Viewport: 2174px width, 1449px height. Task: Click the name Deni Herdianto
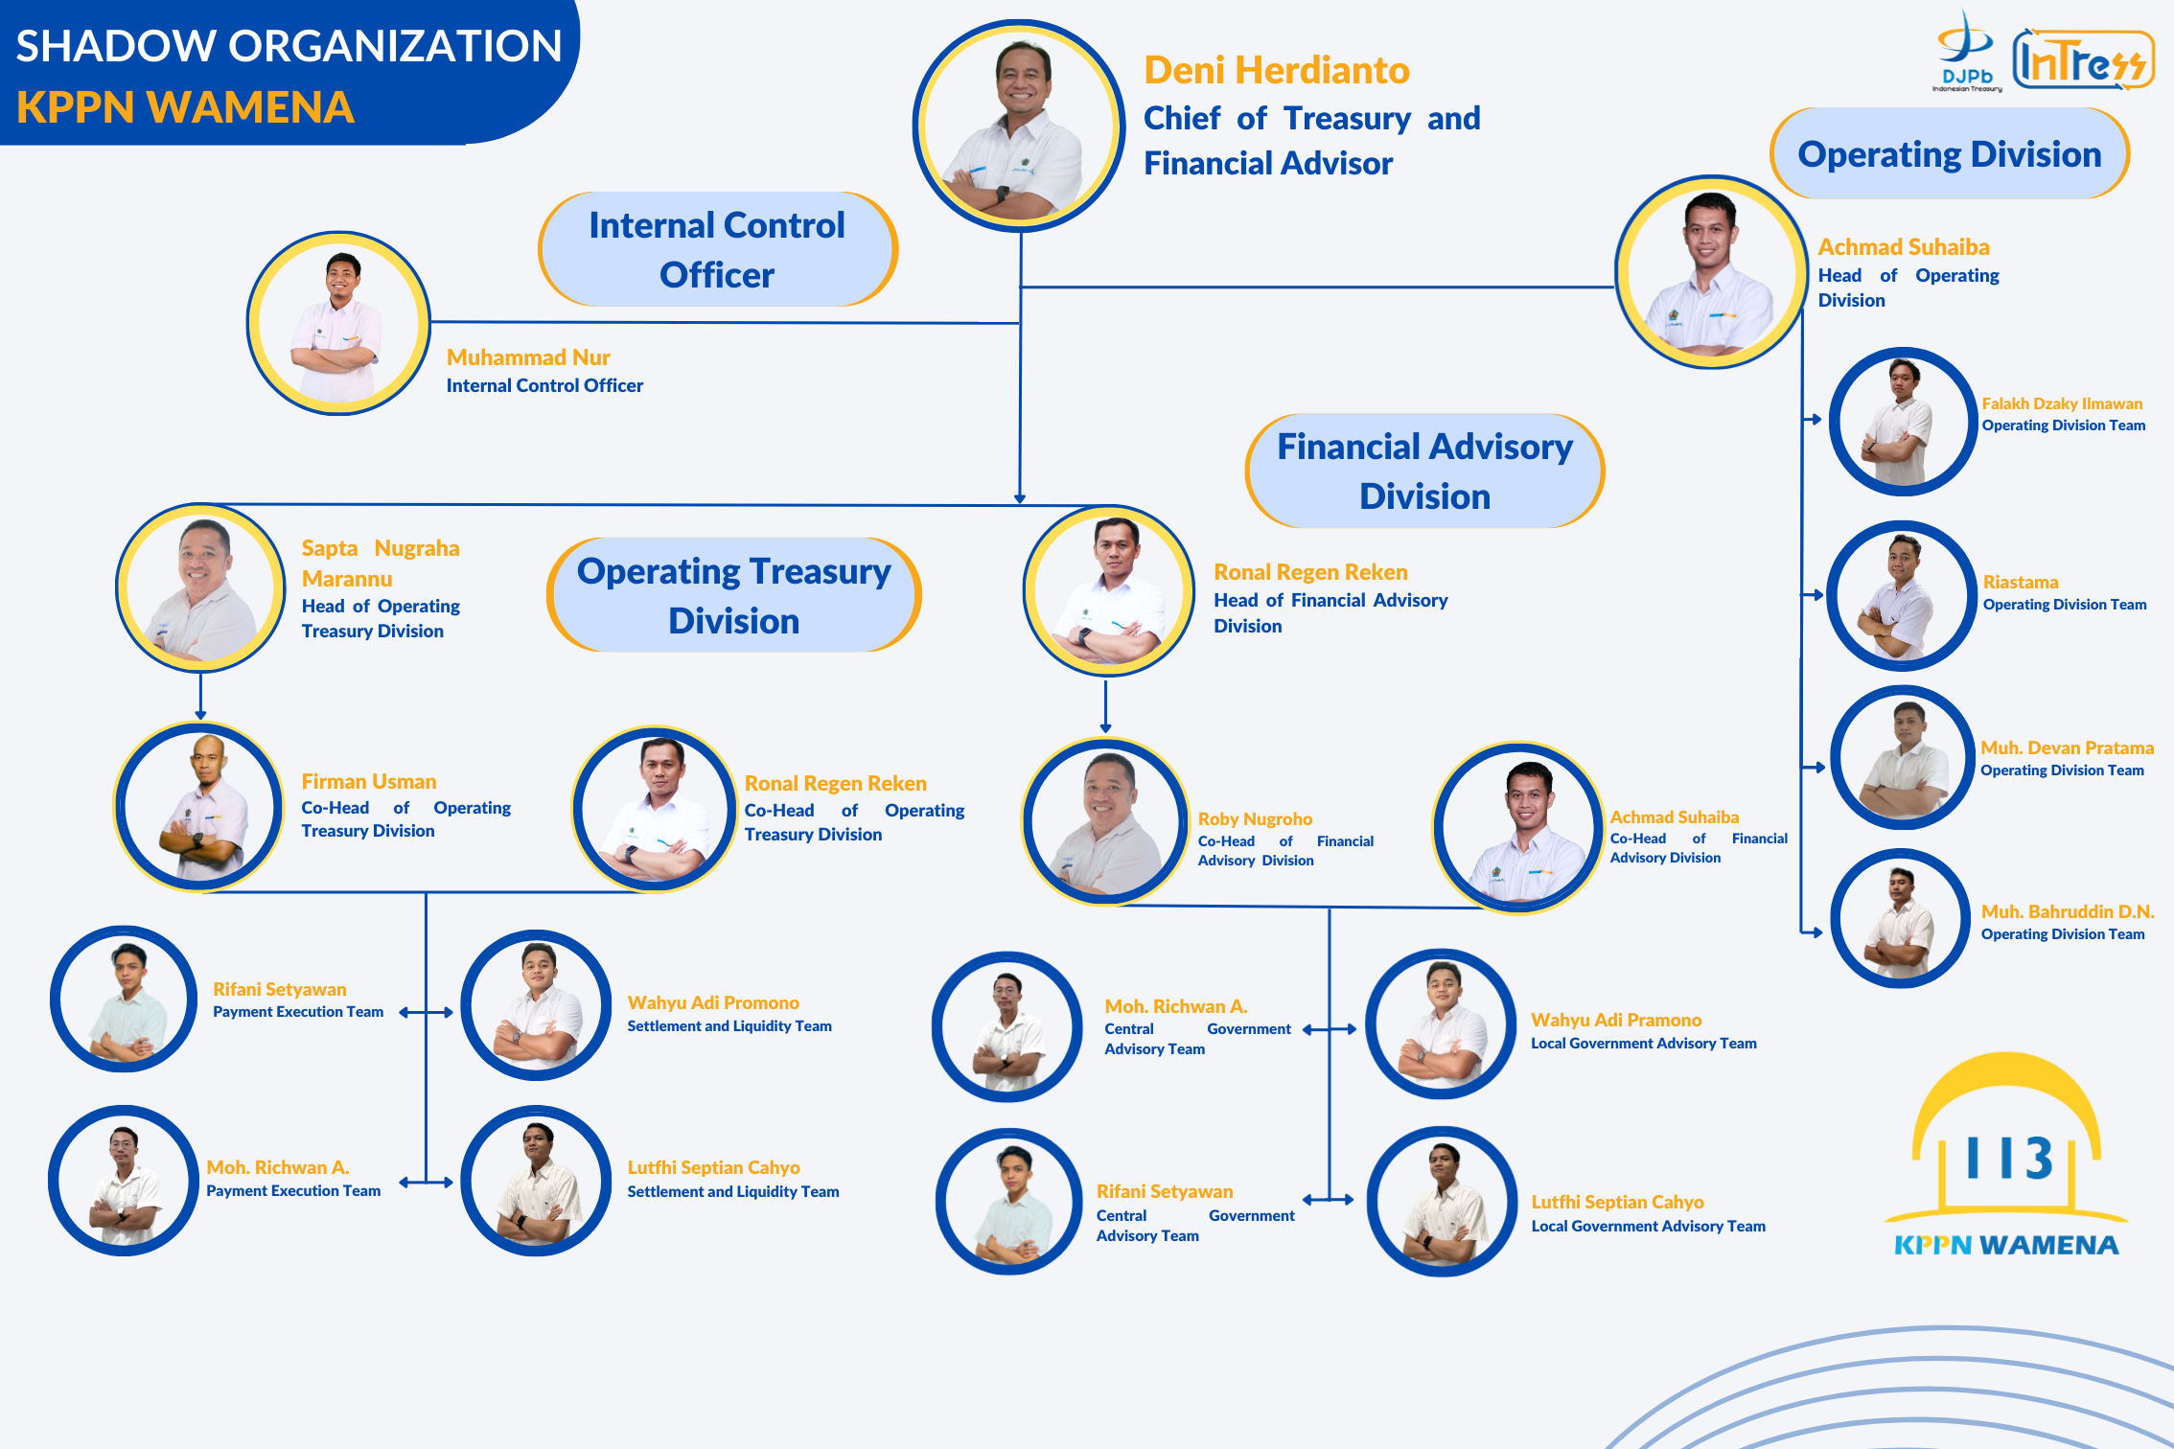point(1276,71)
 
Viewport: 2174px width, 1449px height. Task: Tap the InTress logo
point(2082,60)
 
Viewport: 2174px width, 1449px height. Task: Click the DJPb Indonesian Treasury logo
point(1966,53)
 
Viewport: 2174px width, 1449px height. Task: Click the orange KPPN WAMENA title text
point(185,107)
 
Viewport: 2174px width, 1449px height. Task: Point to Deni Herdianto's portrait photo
point(1019,126)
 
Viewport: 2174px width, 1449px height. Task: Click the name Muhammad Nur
point(528,357)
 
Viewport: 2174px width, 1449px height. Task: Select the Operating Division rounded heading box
point(1949,154)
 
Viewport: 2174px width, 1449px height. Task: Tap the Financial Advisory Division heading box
point(1424,471)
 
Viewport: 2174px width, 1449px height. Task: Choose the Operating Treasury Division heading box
point(733,595)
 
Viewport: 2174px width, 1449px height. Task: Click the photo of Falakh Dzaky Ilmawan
point(1902,422)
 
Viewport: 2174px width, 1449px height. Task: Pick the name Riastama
point(2021,583)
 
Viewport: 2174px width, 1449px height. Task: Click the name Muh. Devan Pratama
point(2067,747)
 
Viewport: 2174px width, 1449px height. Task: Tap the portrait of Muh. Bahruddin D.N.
point(1900,918)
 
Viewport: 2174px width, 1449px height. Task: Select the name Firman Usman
point(368,782)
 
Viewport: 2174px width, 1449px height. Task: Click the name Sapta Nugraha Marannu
point(380,563)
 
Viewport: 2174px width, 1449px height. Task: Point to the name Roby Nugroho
point(1255,819)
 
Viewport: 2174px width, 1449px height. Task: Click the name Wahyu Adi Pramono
point(1616,1021)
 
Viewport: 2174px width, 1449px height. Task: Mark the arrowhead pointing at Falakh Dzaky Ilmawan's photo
point(1816,419)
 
